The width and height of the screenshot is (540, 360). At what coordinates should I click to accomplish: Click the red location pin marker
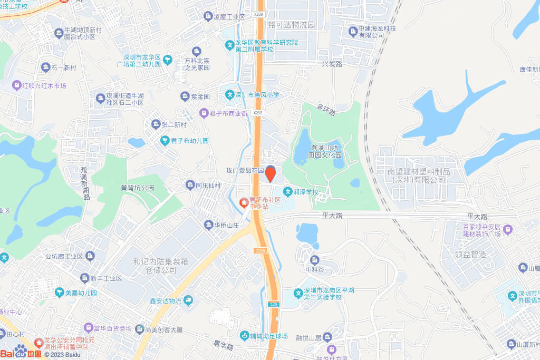tap(270, 173)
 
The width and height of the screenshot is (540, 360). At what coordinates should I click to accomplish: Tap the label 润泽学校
tap(305, 192)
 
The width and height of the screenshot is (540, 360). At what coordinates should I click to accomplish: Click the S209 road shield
tap(259, 251)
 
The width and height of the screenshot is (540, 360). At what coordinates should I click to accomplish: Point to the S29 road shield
tap(273, 305)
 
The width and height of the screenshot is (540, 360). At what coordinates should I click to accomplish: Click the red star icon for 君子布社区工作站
tap(244, 202)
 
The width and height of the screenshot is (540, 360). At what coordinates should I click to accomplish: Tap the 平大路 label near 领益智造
tap(477, 217)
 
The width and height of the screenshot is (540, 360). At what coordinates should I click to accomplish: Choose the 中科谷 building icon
tap(314, 260)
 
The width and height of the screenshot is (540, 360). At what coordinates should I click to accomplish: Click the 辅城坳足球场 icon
tap(244, 335)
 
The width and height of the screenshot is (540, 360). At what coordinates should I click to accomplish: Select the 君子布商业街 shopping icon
tap(204, 113)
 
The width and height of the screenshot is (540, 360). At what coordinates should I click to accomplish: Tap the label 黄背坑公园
tap(137, 188)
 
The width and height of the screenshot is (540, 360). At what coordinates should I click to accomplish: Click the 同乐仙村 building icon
tap(190, 185)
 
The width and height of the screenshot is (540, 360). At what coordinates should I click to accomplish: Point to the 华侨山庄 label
tap(227, 225)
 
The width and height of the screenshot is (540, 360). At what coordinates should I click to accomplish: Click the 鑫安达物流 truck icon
tap(188, 300)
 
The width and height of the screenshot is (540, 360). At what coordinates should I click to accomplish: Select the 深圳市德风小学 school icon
tap(230, 95)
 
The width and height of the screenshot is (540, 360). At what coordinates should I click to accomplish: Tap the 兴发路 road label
tap(332, 64)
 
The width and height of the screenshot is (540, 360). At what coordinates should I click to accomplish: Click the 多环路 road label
tap(326, 109)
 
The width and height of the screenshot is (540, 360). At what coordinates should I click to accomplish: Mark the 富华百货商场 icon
tap(89, 329)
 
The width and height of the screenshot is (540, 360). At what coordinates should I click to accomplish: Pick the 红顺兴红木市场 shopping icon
tap(17, 85)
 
